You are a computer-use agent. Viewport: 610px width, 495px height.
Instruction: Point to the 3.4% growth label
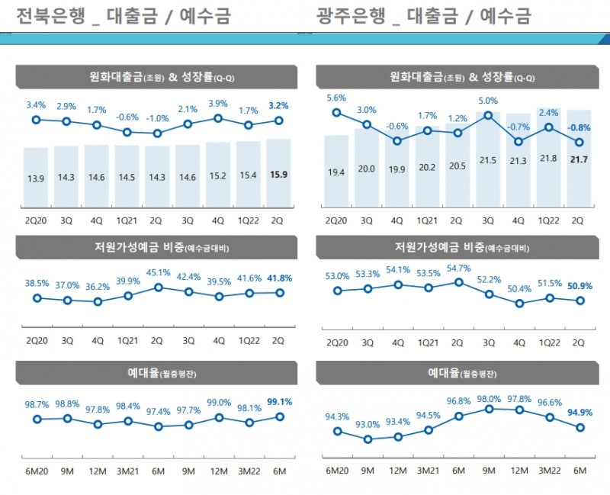point(36,104)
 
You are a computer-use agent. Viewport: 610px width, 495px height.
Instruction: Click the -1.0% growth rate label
point(157,118)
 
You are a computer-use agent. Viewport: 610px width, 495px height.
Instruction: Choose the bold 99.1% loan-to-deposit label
point(278,401)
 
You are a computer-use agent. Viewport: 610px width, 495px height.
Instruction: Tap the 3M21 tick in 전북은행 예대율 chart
point(127,470)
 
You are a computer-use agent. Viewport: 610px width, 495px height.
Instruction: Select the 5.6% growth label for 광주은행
point(336,98)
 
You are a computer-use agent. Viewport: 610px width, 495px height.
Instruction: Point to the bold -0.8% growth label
point(579,127)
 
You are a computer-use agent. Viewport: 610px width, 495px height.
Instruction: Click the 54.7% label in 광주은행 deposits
point(457,268)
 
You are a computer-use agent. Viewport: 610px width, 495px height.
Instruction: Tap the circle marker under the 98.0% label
point(488,410)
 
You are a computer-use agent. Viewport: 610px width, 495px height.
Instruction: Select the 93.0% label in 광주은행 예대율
point(367,424)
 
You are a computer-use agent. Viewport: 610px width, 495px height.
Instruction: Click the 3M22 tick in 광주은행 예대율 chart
point(548,470)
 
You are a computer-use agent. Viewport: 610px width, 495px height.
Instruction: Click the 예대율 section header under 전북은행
point(153,373)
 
